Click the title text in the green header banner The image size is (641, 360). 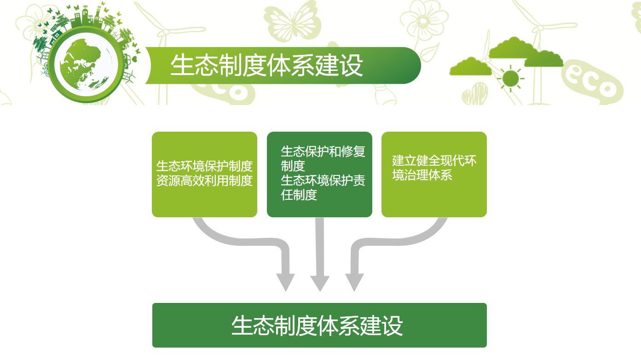click(267, 65)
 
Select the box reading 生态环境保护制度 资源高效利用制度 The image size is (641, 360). click(204, 174)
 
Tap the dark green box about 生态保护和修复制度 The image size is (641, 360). click(319, 174)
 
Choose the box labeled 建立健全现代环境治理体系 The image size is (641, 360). click(434, 174)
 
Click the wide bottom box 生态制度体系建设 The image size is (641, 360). click(319, 325)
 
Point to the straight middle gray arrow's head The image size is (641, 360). click(320, 283)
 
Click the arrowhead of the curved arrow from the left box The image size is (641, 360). click(285, 282)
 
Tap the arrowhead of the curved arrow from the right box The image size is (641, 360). click(355, 282)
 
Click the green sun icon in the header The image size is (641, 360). click(510, 78)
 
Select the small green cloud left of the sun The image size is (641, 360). click(470, 66)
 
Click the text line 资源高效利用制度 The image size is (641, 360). click(204, 181)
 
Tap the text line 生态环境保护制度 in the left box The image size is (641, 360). click(204, 166)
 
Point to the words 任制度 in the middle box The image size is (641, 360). click(299, 195)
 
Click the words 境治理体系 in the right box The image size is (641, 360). click(422, 175)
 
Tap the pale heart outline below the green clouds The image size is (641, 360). click(475, 93)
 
